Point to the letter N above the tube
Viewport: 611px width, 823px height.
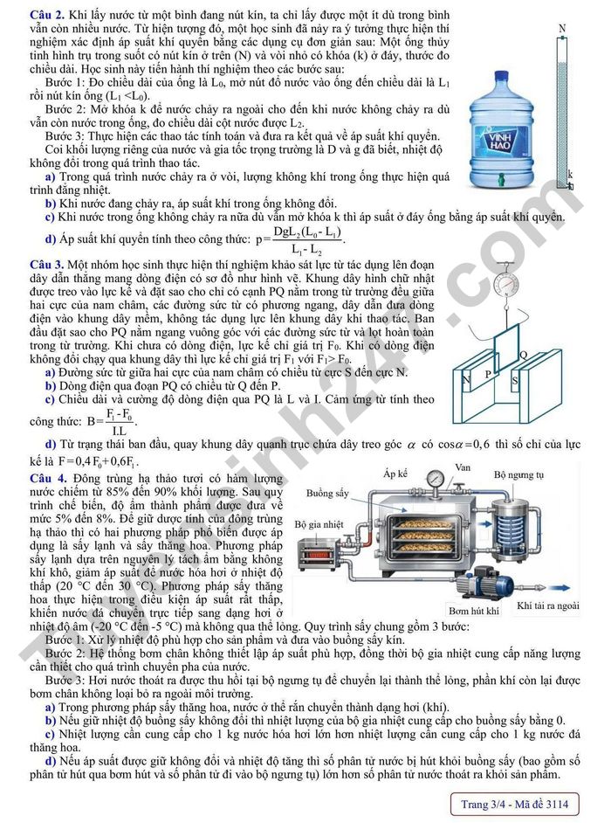[x=562, y=29]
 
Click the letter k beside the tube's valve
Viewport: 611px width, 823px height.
[x=569, y=174]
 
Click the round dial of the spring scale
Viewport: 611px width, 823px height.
[x=504, y=284]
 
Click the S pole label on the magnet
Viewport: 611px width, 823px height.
[x=515, y=381]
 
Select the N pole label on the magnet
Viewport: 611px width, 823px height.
[x=466, y=380]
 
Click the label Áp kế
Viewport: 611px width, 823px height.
[x=396, y=474]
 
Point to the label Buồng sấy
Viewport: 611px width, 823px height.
[x=327, y=493]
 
